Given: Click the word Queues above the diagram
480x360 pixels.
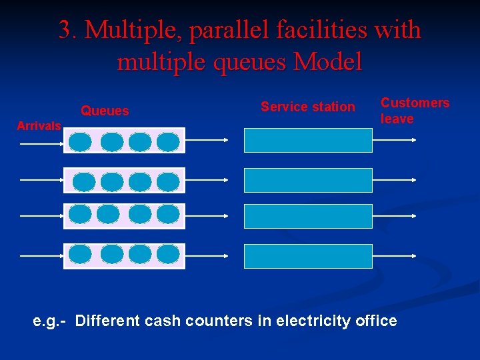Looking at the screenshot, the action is (105, 111).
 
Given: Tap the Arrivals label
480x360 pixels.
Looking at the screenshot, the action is (39, 126).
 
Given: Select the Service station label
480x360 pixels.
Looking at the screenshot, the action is (307, 107).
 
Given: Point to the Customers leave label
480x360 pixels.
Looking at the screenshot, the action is (415, 111).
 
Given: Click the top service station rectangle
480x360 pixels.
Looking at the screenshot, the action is (308, 140).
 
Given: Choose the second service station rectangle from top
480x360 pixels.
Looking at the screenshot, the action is (308, 180).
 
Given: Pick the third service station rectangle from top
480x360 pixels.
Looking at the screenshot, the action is (308, 216).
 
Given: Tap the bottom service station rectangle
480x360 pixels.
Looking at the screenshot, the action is (308, 256).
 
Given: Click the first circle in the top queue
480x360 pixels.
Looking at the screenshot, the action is (80, 141).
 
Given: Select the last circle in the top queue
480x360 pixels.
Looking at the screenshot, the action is (168, 141).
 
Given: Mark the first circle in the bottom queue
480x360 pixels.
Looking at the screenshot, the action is (80, 254).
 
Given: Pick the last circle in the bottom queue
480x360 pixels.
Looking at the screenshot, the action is (168, 254).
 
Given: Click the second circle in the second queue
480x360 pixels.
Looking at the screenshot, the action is (111, 181).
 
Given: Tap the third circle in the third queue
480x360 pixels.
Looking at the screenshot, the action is (140, 214).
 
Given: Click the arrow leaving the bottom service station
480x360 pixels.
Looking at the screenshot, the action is (395, 256).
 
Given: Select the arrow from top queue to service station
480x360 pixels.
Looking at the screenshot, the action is (207, 140).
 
